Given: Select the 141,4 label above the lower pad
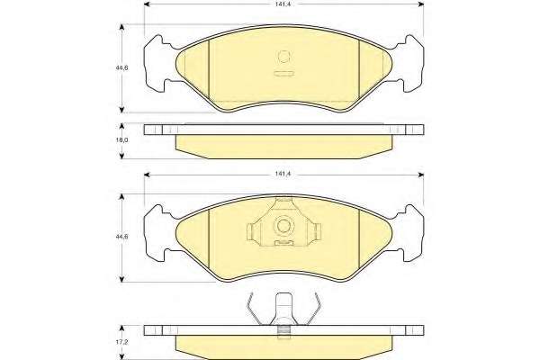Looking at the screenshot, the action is (x=283, y=175).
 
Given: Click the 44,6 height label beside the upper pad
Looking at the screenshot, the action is (x=122, y=67).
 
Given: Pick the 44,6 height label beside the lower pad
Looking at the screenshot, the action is (x=122, y=237).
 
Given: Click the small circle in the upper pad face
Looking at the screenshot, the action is (x=283, y=57).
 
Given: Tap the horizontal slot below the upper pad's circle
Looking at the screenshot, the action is (x=283, y=73).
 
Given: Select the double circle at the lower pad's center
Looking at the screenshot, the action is (x=283, y=226).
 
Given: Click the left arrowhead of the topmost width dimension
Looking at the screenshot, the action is (x=147, y=4).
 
